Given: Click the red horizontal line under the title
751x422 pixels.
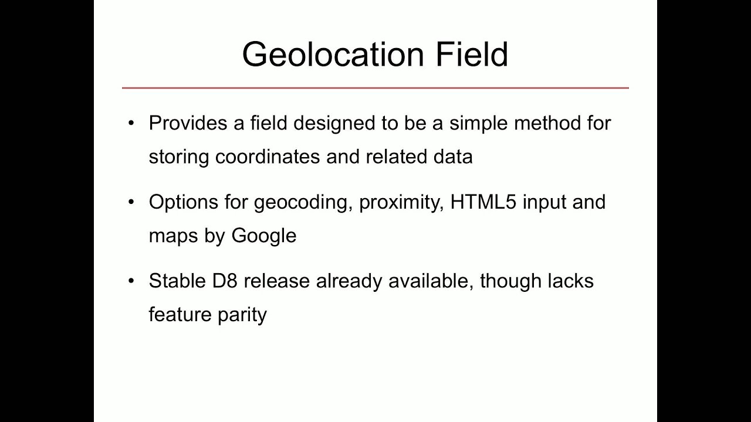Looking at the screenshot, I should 375,88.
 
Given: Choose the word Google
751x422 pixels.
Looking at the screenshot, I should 264,236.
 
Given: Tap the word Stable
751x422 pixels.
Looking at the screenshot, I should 174,281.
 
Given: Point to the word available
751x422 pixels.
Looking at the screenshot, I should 430,281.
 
